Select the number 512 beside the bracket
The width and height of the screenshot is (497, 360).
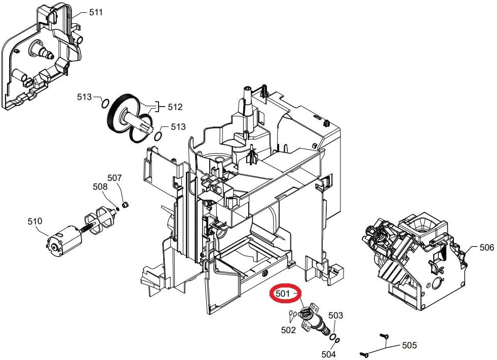[x=175, y=107]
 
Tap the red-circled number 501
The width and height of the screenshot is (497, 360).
[x=283, y=294]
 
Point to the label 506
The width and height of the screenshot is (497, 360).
[x=486, y=247]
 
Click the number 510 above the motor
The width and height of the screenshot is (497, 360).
[x=35, y=221]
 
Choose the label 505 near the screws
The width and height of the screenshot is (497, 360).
[x=409, y=345]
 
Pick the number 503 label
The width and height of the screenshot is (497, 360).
[x=336, y=315]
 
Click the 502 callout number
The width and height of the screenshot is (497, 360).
[x=288, y=330]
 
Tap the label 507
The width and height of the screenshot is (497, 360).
[x=114, y=178]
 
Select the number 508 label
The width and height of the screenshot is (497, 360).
[x=100, y=187]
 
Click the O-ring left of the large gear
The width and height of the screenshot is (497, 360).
[x=104, y=103]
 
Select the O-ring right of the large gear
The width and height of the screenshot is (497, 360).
[x=158, y=136]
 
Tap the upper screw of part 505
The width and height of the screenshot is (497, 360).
[x=384, y=336]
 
